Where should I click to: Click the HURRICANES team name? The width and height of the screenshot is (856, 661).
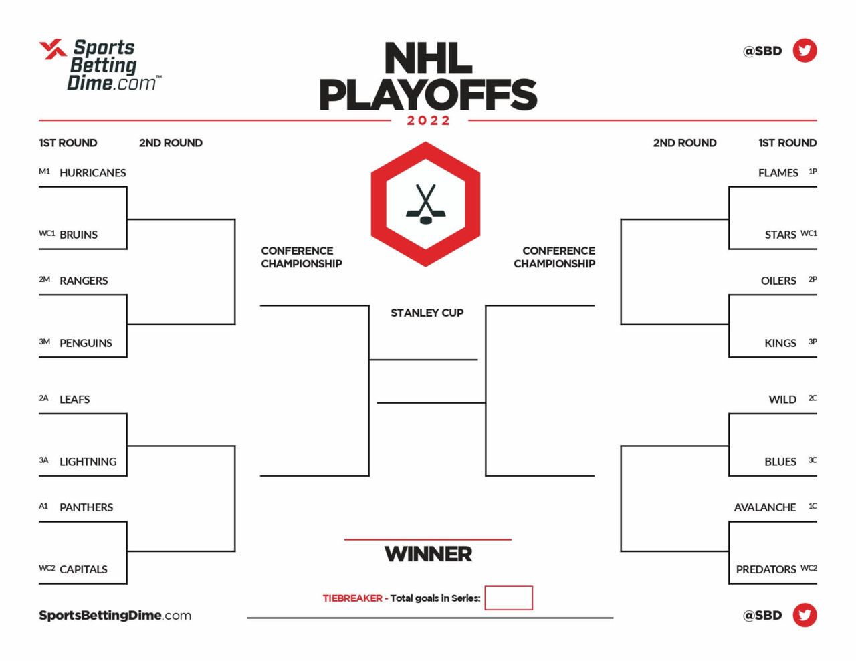(x=92, y=173)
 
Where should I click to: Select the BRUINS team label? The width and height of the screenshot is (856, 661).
(x=78, y=235)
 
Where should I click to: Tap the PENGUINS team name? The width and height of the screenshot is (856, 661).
(x=86, y=343)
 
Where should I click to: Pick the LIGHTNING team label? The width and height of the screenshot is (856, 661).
(x=88, y=461)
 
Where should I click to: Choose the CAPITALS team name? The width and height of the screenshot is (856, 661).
(x=83, y=569)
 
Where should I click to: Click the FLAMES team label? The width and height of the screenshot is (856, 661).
(x=778, y=173)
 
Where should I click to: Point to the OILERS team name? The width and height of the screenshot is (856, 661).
(x=778, y=281)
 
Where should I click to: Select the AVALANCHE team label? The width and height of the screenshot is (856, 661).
(x=764, y=507)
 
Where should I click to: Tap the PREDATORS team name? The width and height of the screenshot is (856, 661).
(x=766, y=569)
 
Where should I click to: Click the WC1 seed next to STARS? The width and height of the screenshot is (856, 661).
(x=809, y=233)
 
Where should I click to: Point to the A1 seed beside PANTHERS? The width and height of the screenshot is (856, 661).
(x=43, y=506)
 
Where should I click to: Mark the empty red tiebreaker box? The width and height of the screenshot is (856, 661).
(x=508, y=598)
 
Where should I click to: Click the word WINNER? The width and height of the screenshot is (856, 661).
(x=428, y=554)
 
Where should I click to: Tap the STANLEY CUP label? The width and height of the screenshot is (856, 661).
(x=427, y=313)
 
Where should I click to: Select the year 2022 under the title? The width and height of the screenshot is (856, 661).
(x=428, y=120)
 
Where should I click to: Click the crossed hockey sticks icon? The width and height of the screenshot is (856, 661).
(x=426, y=204)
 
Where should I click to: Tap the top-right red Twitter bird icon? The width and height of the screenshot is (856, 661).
(x=805, y=50)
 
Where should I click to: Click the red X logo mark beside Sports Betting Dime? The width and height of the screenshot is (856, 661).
(x=53, y=49)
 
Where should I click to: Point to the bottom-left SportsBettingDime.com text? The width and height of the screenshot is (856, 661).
(x=115, y=615)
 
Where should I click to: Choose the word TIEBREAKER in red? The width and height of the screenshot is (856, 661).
(x=352, y=598)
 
